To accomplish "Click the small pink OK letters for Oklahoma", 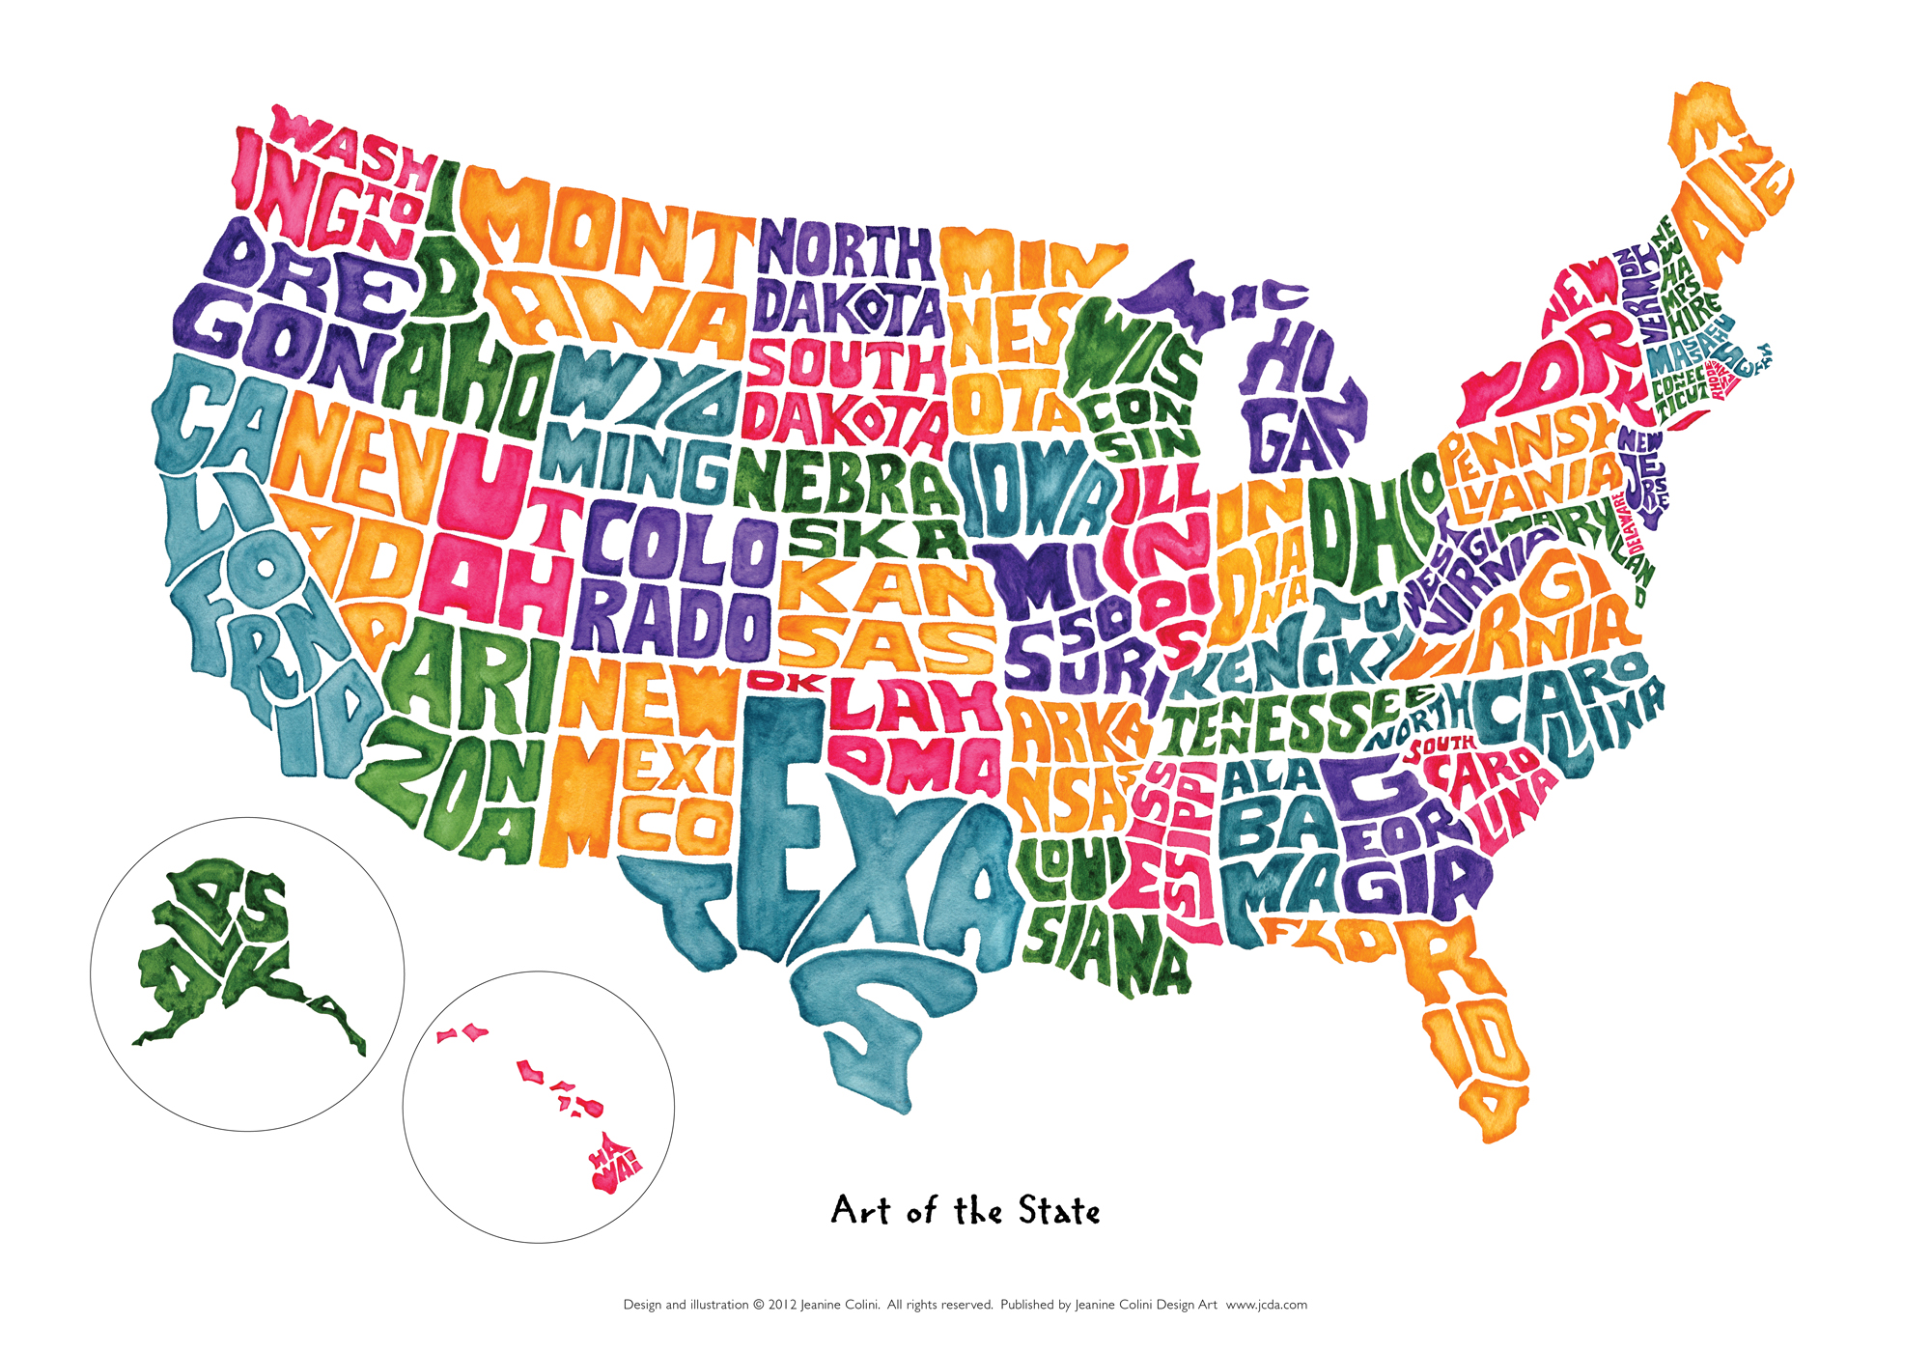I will click(786, 683).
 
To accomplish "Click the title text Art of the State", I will click(965, 1211).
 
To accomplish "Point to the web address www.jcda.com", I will click(1267, 1305).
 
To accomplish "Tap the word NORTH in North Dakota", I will click(845, 249).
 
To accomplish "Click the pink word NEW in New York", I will click(1583, 290).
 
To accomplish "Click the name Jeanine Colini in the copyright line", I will click(839, 1305).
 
